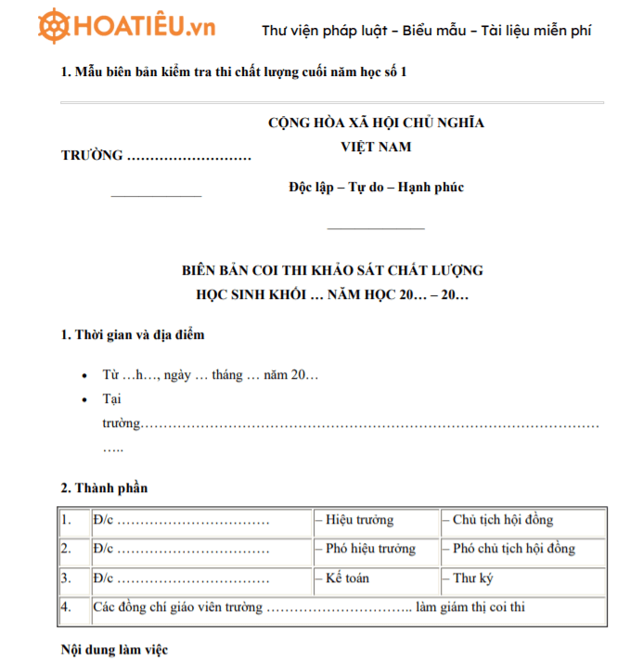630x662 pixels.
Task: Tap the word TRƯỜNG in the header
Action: [x=92, y=155]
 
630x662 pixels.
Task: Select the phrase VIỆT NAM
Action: [x=376, y=147]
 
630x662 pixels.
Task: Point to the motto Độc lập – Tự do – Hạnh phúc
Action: [x=376, y=188]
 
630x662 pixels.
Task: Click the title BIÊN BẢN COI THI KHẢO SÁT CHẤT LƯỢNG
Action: [x=333, y=270]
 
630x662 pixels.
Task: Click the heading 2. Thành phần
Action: [x=104, y=487]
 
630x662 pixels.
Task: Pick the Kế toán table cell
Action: [x=347, y=578]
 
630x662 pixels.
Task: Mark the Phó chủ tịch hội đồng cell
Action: [x=513, y=549]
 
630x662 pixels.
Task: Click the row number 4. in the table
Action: [x=67, y=607]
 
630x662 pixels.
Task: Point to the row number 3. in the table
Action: [x=67, y=578]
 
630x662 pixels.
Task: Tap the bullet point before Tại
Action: [x=86, y=398]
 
